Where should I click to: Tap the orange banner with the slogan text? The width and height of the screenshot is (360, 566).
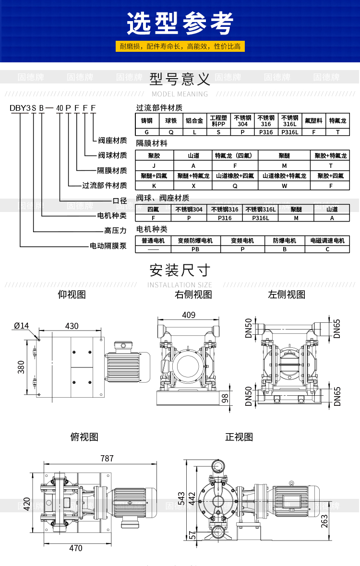[180, 47]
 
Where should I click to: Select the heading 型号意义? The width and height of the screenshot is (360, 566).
[180, 78]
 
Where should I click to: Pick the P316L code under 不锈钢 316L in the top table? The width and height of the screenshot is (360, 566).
[289, 132]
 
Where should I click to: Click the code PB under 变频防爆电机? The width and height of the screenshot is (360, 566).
[195, 249]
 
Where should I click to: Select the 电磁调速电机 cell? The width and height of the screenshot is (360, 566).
[327, 240]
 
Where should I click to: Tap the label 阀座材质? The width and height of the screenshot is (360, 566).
[112, 141]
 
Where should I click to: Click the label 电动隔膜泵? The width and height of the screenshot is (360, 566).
[108, 246]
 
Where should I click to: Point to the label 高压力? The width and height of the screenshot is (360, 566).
[115, 231]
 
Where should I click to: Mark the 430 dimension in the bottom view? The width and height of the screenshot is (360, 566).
[72, 326]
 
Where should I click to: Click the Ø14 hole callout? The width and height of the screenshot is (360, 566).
[21, 326]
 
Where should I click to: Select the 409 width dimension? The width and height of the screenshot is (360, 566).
[189, 315]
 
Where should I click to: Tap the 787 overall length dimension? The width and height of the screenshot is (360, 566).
[107, 459]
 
